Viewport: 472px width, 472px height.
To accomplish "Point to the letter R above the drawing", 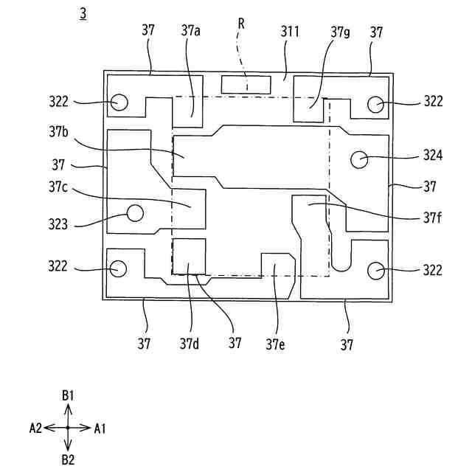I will tap(240, 24).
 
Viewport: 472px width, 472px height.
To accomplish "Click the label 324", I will tap(433, 156).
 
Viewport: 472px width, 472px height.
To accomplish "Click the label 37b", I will tap(60, 132).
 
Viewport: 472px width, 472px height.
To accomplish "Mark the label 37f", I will tap(433, 218).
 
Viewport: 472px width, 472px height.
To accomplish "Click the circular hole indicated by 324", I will tap(360, 159).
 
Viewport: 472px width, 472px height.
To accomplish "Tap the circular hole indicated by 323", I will tap(134, 213).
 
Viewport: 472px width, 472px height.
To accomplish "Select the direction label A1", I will tap(100, 428).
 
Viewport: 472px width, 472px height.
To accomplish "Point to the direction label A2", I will tap(35, 428).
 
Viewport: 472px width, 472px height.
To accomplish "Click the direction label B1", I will tap(68, 396).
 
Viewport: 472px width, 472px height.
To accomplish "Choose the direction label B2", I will tap(68, 460).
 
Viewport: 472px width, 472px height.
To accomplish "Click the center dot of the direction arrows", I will tap(68, 428).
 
